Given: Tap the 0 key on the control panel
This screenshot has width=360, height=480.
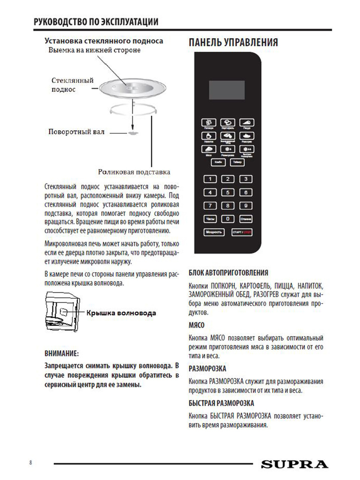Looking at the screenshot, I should click(228, 219).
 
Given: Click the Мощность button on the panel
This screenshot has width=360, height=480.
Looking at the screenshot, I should click(214, 232).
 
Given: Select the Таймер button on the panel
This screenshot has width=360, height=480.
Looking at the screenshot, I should click(237, 162).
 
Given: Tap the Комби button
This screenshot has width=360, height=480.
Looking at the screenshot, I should click(218, 162).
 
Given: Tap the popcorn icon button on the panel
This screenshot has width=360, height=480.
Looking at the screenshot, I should click(209, 122).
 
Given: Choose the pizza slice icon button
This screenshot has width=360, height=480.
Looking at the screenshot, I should click(247, 122).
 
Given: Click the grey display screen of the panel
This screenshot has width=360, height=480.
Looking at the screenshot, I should click(227, 90).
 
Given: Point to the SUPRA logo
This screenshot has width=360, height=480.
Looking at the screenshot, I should click(295, 464).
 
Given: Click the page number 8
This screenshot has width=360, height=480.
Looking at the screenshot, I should click(31, 463).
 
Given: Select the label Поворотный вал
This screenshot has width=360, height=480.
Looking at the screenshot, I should click(76, 132).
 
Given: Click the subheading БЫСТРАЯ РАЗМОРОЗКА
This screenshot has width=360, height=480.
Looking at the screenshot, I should click(221, 403).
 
